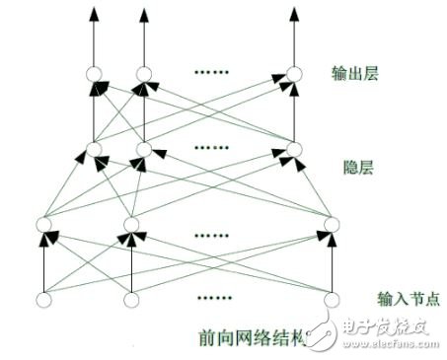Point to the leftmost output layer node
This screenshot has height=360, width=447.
tap(96, 75)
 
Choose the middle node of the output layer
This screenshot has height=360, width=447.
tap(144, 75)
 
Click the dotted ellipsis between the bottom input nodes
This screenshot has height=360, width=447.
tap(215, 295)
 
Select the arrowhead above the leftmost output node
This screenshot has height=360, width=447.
tap(96, 14)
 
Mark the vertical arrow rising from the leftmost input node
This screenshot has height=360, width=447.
tap(42, 264)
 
